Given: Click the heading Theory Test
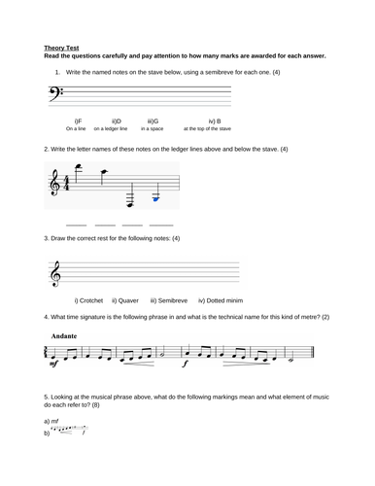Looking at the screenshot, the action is (x=62, y=45).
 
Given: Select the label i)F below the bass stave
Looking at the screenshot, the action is (x=79, y=120).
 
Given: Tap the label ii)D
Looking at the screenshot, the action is (x=117, y=120).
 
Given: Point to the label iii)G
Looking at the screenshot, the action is (x=153, y=120).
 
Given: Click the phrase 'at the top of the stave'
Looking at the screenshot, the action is (x=207, y=128).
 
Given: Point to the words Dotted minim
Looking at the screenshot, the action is (x=221, y=300).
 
